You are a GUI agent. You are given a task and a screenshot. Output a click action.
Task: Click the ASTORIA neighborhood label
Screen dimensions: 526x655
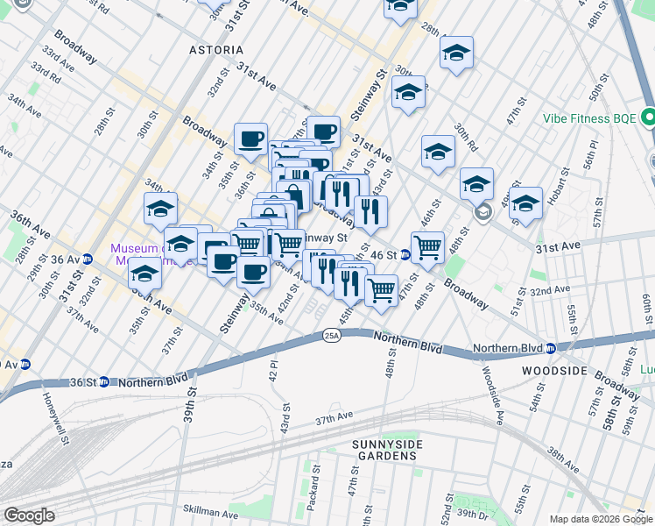216,50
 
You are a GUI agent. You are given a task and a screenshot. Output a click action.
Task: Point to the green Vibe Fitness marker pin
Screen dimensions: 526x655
648,117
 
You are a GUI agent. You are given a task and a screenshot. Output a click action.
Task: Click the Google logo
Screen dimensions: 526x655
29,515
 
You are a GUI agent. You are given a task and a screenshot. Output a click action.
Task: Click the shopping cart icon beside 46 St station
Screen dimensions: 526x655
427,246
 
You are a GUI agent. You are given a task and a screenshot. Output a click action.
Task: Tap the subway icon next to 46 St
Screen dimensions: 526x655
405,255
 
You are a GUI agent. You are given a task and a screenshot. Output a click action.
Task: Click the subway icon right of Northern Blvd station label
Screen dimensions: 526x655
551,348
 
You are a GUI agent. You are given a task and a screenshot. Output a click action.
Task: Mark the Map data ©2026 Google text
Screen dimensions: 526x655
600,519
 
